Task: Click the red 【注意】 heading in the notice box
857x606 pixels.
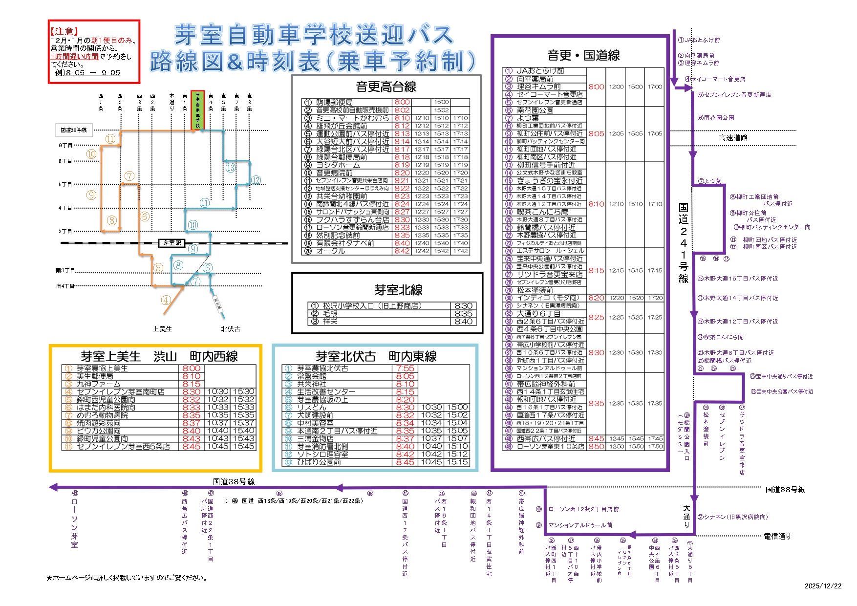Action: tap(64, 31)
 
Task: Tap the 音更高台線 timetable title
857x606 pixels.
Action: tap(386, 87)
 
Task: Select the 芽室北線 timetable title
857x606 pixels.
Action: tap(398, 290)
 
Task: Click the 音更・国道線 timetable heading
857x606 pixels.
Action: tap(583, 55)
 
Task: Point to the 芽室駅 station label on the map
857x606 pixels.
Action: tap(172, 243)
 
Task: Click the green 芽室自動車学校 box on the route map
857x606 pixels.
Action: tap(198, 110)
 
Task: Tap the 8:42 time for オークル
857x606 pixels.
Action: tap(402, 251)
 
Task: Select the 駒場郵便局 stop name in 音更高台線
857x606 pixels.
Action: tap(334, 102)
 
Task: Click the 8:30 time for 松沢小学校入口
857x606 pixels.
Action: tap(463, 306)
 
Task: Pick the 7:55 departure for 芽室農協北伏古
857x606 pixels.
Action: tap(405, 368)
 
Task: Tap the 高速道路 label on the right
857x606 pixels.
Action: tap(733, 138)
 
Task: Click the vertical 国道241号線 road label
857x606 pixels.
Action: tap(683, 243)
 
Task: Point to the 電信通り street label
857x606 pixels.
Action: tap(777, 536)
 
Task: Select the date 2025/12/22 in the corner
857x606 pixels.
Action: tap(823, 586)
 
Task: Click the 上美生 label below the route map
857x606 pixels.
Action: tap(162, 329)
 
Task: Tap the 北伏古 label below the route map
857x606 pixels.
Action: tap(231, 329)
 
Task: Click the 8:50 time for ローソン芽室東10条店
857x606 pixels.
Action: tap(596, 446)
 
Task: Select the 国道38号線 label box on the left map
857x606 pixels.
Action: tap(74, 130)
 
